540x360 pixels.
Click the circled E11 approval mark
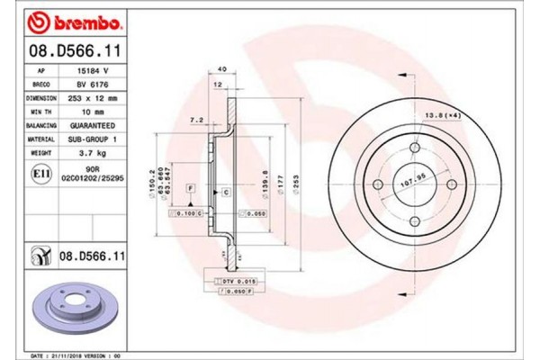point(40,172)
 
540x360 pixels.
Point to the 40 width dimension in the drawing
point(221,68)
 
